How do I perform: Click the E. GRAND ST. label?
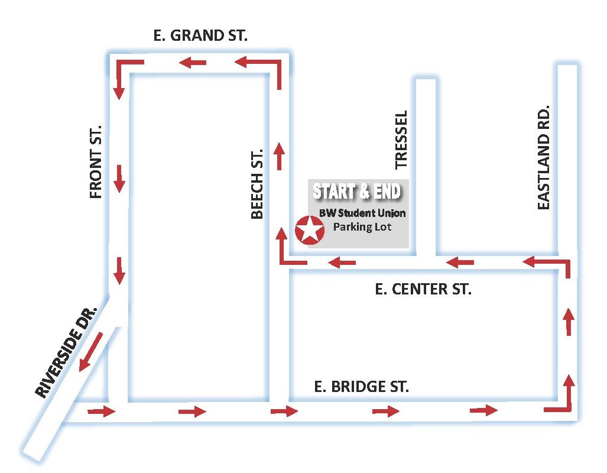tap(200, 35)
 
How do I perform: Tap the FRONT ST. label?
tap(96, 161)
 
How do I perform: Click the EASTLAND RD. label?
tap(544, 157)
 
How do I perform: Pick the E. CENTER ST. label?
tap(424, 289)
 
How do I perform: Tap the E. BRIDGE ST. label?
tap(361, 387)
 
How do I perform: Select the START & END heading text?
tap(357, 192)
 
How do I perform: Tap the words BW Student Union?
tap(362, 213)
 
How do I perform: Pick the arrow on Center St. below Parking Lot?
tap(342, 261)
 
